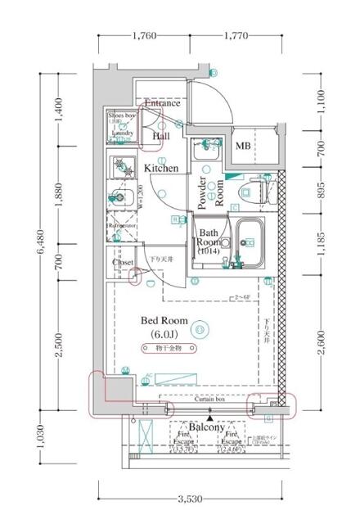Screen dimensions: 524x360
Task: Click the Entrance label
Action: pyautogui.click(x=163, y=104)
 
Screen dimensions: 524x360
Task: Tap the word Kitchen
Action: pyautogui.click(x=161, y=169)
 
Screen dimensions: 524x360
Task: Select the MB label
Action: pyautogui.click(x=243, y=146)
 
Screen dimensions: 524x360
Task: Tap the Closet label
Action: pyautogui.click(x=124, y=264)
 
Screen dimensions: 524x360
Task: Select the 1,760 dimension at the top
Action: pyautogui.click(x=144, y=36)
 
